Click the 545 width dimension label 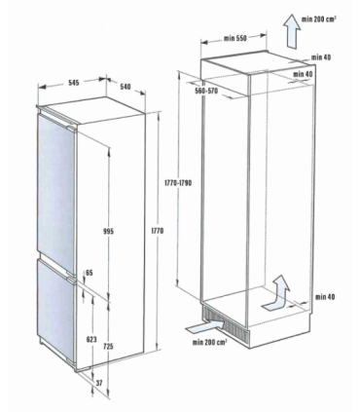pos(74,83)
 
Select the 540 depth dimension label pos(126,87)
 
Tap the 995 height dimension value pos(109,232)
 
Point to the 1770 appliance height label pos(158,231)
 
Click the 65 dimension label pos(90,273)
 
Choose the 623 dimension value pos(91,340)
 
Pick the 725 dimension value pos(109,347)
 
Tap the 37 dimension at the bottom pos(99,384)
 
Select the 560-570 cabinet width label pos(206,92)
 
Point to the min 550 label pos(235,38)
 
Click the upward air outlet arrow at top pos(291,31)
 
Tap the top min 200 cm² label pos(319,19)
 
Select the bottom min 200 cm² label pos(209,342)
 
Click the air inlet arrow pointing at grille pos(205,326)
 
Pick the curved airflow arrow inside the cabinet pos(276,295)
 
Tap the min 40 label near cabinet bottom pos(325,297)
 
